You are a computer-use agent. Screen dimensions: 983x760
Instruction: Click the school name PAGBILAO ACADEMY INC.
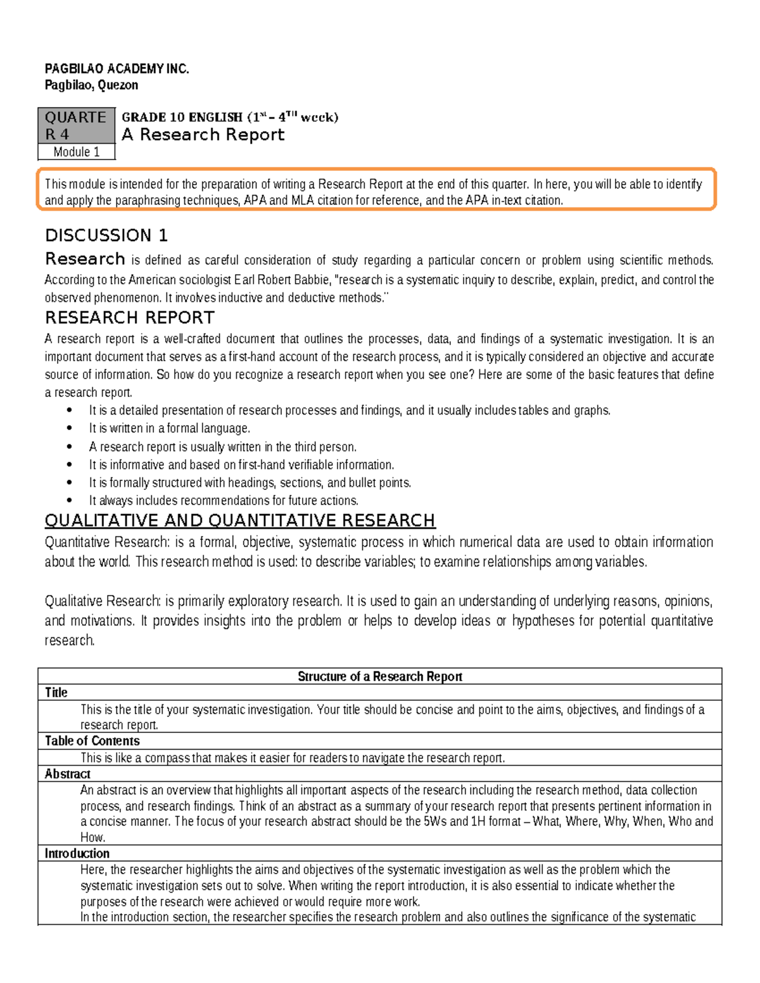[117, 69]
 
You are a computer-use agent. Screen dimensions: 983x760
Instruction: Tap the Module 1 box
[76, 152]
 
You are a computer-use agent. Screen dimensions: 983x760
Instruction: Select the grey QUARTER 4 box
[76, 125]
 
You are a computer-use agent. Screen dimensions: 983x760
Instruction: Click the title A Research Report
[203, 135]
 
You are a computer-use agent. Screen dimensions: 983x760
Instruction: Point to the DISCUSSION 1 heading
[106, 235]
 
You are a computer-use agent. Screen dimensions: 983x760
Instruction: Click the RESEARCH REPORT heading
[129, 318]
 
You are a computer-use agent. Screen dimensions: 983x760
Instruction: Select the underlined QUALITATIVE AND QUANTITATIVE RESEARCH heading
[239, 520]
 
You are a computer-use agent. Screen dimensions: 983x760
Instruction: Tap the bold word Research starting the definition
[85, 259]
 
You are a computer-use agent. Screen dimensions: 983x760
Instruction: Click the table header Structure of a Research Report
[379, 676]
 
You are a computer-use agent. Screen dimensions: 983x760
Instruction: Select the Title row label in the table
[56, 692]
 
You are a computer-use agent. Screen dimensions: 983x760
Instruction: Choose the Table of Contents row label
[92, 741]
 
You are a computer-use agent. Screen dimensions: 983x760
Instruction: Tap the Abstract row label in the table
[67, 773]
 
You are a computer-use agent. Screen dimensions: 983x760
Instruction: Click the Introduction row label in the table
[77, 853]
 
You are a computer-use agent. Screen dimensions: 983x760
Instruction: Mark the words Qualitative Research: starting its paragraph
[103, 601]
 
